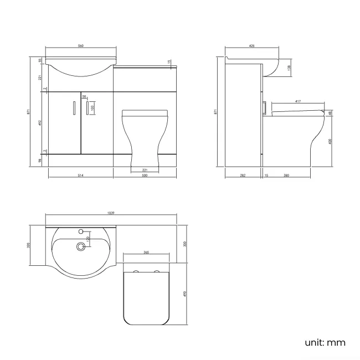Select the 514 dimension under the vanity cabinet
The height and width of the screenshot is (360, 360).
(x=80, y=176)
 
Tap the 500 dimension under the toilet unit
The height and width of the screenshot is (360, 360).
(x=145, y=176)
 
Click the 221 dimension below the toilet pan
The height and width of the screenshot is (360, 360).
(x=145, y=169)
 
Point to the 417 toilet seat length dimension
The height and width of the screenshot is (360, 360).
(x=297, y=101)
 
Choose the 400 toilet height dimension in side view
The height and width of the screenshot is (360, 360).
(x=331, y=141)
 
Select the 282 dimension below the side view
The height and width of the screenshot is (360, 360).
(x=243, y=176)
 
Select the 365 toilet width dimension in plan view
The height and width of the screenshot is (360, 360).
(x=146, y=253)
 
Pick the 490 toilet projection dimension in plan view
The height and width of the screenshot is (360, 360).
(x=186, y=293)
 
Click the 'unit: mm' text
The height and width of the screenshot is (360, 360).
(x=325, y=343)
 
